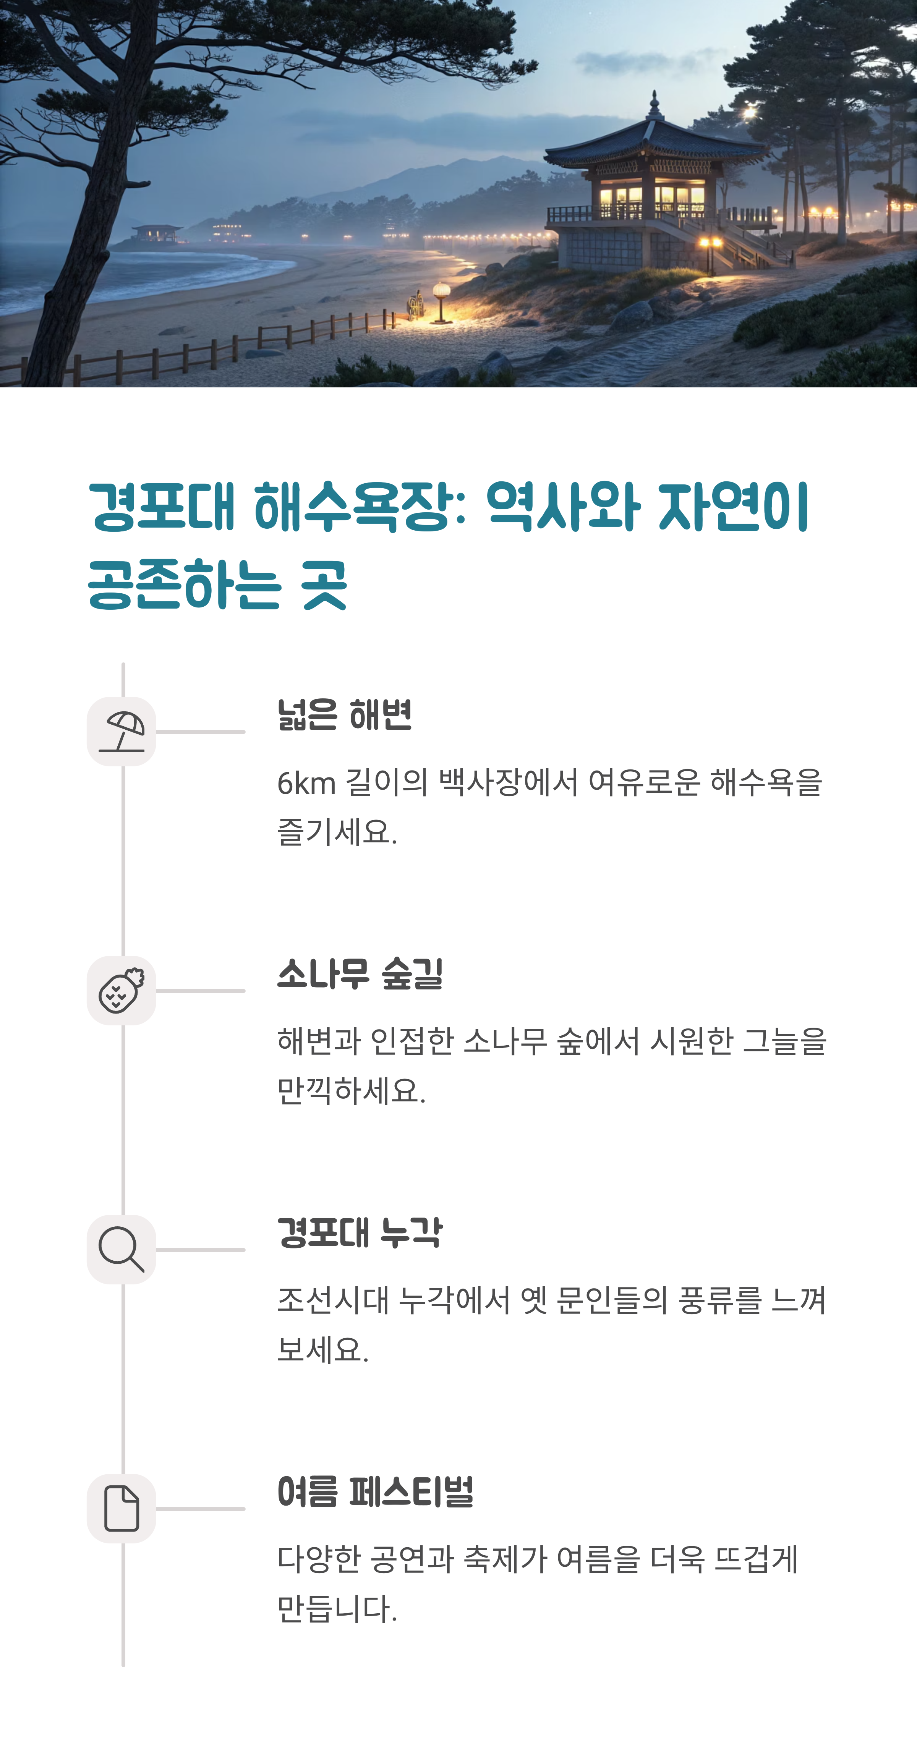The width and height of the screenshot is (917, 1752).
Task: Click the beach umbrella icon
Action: [122, 732]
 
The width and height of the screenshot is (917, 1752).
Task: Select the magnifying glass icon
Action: [122, 1249]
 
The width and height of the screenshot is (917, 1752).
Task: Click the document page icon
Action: [122, 1509]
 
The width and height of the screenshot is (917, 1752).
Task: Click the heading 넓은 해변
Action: [344, 715]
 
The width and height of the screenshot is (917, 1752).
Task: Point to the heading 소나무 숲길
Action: [360, 974]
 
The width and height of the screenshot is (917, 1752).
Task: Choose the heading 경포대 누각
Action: [360, 1232]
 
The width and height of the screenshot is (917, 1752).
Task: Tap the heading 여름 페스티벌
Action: [375, 1491]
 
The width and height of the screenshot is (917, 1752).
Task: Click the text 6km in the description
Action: [306, 784]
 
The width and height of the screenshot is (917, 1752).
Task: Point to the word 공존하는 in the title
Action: [184, 585]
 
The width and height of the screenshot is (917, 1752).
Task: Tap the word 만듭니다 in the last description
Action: [336, 1609]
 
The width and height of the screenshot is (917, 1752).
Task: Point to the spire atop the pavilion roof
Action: [655, 105]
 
